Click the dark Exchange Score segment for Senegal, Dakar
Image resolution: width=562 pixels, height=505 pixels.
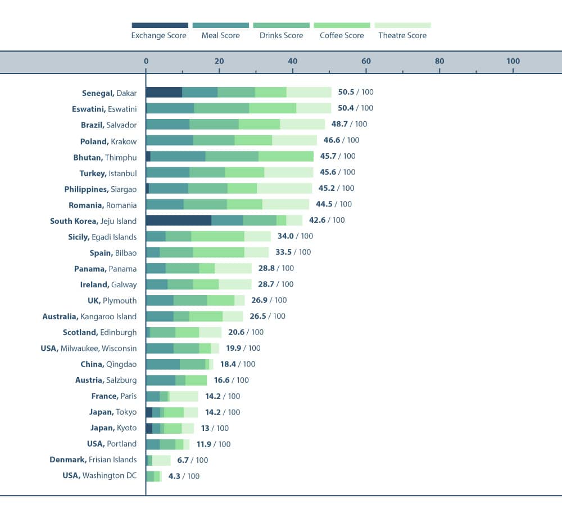point(164,93)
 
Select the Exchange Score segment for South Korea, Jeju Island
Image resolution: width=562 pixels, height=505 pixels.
point(179,221)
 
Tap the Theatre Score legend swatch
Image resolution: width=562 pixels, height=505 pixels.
point(402,25)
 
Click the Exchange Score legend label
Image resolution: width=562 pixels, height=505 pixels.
point(159,35)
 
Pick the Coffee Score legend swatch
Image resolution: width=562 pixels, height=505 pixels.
point(342,25)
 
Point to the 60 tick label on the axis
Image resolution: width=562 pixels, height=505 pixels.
point(366,61)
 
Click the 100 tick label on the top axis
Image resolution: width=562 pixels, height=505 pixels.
point(513,61)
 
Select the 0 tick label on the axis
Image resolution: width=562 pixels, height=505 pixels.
point(146,61)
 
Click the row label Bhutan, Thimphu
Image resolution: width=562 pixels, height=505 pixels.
point(105,157)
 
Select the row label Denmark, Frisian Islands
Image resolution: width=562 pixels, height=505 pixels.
point(93,460)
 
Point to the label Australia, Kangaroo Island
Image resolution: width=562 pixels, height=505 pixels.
point(89,316)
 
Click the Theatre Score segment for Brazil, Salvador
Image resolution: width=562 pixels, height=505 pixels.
point(302,125)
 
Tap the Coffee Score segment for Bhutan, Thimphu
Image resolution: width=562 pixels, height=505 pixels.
point(286,157)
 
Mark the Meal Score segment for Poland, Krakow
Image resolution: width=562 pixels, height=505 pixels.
point(170,140)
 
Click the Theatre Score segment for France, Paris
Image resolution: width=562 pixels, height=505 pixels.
point(184,397)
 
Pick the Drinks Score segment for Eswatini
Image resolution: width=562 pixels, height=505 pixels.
point(221,108)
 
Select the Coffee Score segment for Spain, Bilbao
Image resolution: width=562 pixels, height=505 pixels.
point(219,252)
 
